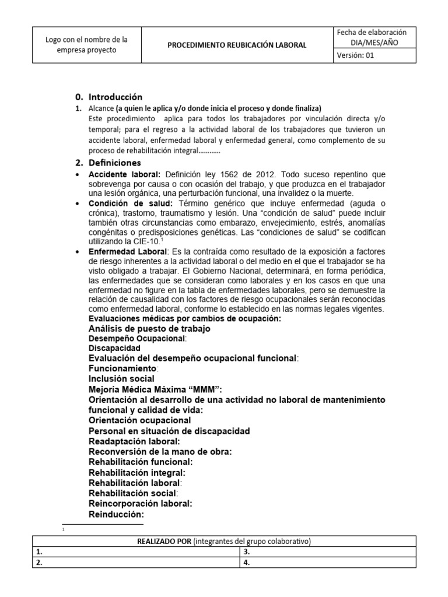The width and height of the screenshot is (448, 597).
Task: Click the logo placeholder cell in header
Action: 86,45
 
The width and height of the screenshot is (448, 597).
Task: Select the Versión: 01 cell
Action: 375,55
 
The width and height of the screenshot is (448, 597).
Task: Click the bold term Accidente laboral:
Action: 125,175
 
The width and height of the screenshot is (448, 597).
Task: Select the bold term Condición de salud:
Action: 130,203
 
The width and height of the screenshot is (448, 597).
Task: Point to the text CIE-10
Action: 147,240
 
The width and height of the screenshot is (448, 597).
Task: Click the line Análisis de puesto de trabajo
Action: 149,328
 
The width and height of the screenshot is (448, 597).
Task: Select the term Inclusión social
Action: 121,378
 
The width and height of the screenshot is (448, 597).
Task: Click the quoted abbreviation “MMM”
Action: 204,389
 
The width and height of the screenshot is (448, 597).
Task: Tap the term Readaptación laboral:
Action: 134,441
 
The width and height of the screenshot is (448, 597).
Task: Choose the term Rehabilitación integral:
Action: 136,472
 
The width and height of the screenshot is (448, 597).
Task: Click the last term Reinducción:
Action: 116,514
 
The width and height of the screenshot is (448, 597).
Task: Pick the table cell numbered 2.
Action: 136,563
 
